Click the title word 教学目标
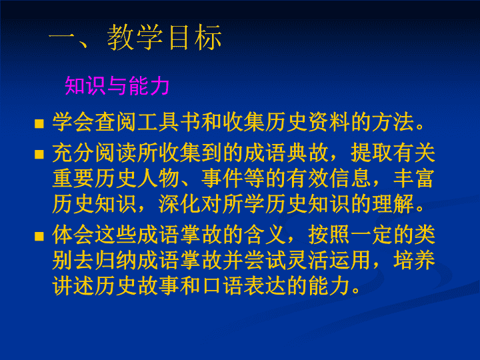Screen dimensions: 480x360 tap(165, 37)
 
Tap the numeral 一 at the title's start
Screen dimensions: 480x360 tap(61, 36)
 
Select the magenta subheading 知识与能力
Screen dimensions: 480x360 tap(117, 86)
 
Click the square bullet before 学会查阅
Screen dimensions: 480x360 tap(39, 124)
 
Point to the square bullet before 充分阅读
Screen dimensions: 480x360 tap(39, 154)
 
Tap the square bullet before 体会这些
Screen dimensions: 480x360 tap(39, 236)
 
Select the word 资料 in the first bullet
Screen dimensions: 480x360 tap(329, 122)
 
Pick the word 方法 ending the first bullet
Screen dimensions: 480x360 tap(393, 122)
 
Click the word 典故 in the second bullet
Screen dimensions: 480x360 tap(307, 153)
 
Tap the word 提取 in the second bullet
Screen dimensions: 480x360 tap(371, 153)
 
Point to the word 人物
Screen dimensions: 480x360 tap(158, 179)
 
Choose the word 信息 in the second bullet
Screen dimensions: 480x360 tap(350, 179)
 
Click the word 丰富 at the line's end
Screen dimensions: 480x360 tap(414, 179)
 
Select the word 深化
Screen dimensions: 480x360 tap(179, 204)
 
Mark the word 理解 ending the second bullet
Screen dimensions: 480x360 tap(393, 204)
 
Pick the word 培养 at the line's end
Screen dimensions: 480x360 tap(414, 261)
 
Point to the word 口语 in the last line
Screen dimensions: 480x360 tap(222, 286)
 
